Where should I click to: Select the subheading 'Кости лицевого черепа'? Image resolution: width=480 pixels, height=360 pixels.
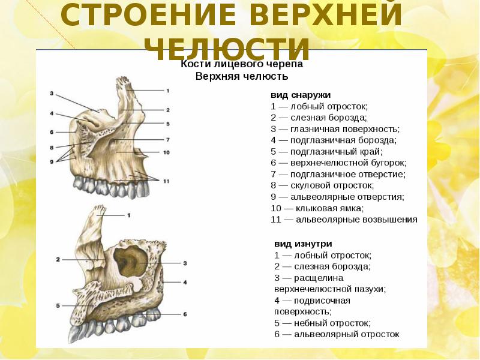(x=242, y=64)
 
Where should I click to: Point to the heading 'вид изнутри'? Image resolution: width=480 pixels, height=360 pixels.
(x=303, y=244)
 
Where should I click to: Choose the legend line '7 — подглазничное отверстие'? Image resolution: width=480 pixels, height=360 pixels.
(x=338, y=174)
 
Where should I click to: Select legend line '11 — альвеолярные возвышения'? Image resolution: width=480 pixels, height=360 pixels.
(x=344, y=220)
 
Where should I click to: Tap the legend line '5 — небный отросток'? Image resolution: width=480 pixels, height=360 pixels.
(x=322, y=322)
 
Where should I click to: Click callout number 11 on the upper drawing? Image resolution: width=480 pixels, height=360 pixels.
(x=166, y=181)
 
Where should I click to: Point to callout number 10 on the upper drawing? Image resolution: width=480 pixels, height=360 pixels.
(x=166, y=152)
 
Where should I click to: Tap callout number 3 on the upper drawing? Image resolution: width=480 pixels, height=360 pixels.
(x=52, y=93)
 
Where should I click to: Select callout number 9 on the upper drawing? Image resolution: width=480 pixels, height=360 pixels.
(x=52, y=161)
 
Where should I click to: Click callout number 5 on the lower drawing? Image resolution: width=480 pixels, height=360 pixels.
(x=58, y=306)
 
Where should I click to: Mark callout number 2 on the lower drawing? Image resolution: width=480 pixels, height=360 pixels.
(x=58, y=259)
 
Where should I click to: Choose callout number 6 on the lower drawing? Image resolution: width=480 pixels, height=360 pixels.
(x=185, y=314)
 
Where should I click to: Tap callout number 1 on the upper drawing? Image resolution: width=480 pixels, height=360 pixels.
(x=168, y=90)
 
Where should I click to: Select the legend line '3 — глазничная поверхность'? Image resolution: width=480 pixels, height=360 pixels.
(x=335, y=129)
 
